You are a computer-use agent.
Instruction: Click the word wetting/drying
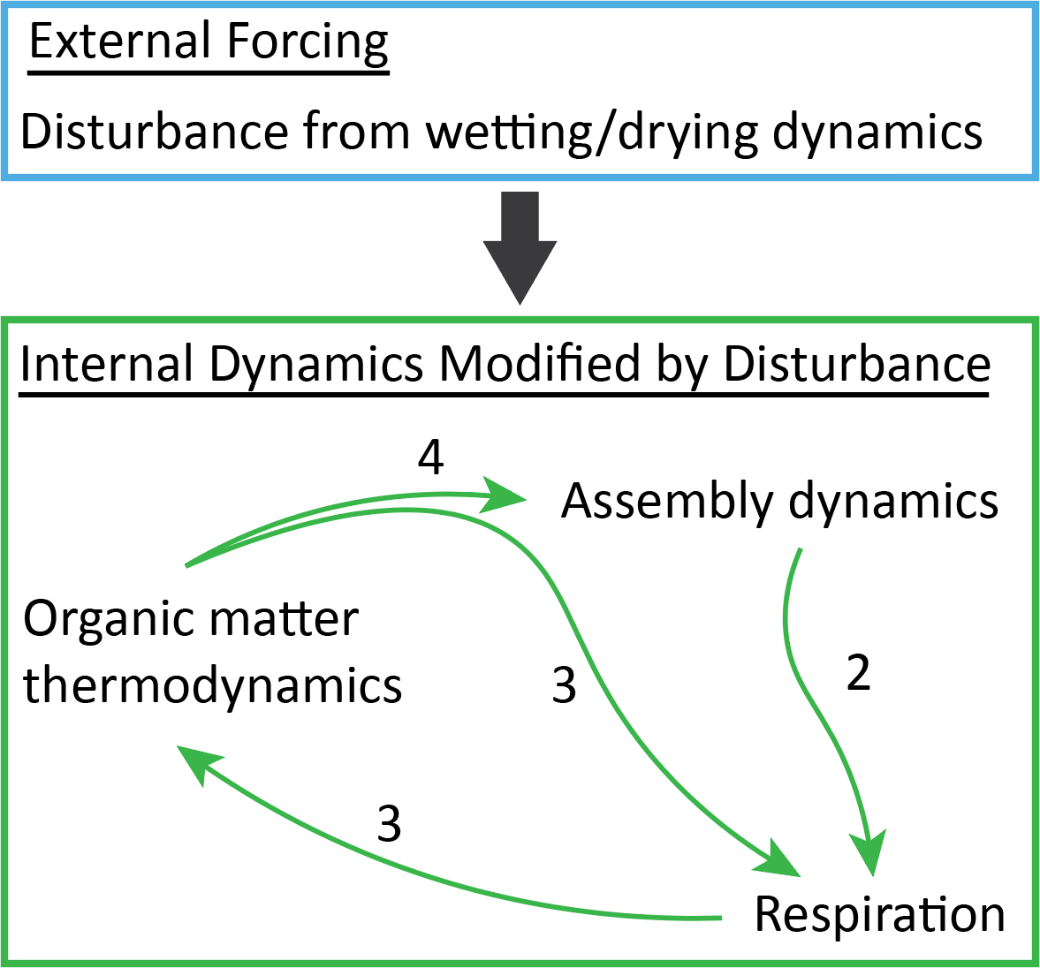tap(591, 132)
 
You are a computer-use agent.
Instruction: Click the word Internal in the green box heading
tap(107, 364)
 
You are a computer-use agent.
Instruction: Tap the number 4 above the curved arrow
tap(430, 458)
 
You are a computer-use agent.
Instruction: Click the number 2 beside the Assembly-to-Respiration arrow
tap(858, 673)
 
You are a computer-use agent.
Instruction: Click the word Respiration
tap(880, 914)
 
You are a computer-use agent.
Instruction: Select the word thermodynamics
tap(213, 684)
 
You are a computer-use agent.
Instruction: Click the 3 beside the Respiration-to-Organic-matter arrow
tap(389, 824)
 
